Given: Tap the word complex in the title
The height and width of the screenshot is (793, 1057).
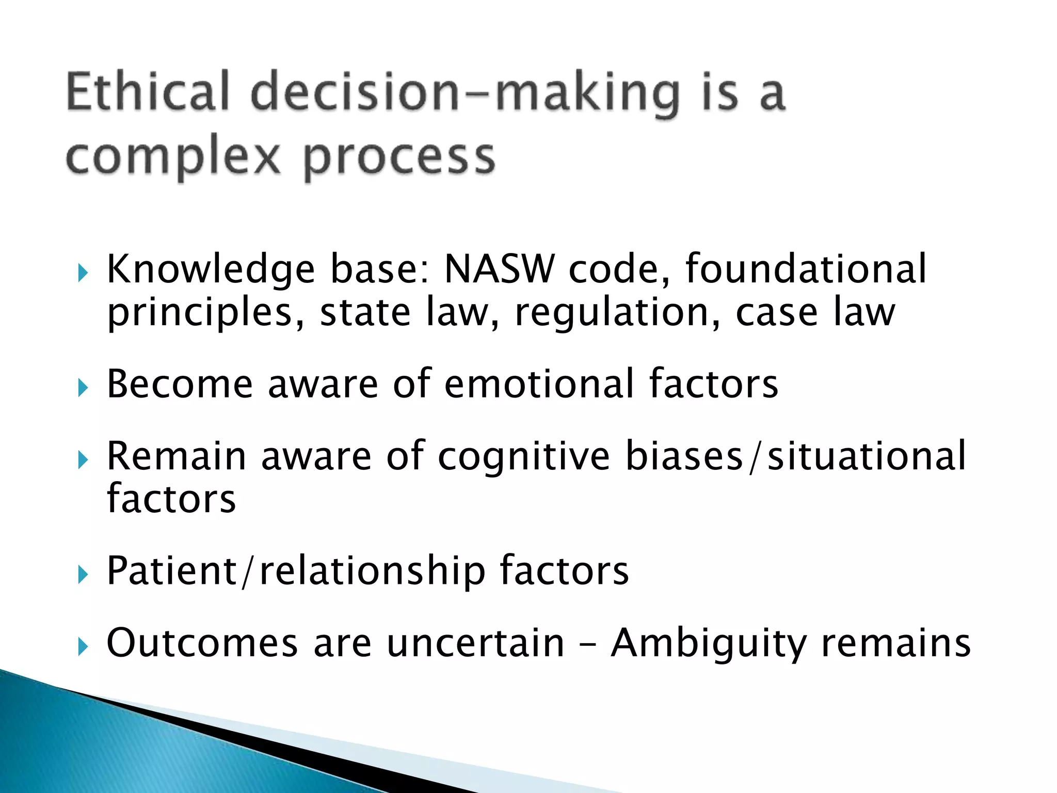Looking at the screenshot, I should click(x=173, y=157).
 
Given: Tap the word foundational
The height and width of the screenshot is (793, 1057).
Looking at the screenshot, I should click(x=806, y=269).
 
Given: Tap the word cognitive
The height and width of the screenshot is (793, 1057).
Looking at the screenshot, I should click(x=524, y=456).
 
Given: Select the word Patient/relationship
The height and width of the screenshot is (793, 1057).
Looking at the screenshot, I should click(x=296, y=571).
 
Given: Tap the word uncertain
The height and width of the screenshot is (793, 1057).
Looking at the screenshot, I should click(x=475, y=643).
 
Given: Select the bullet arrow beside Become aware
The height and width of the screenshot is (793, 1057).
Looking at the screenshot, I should click(x=83, y=387).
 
